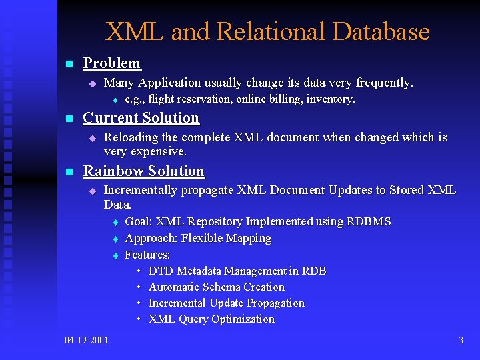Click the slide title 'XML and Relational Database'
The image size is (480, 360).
(x=267, y=31)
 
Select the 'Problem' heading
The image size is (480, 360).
(x=111, y=63)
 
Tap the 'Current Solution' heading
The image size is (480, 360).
(x=141, y=118)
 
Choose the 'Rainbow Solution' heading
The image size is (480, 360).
(x=143, y=171)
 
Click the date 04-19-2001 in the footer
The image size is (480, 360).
(x=87, y=341)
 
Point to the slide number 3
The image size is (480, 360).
(x=461, y=341)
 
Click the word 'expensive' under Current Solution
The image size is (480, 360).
(x=159, y=151)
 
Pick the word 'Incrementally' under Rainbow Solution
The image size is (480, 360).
(x=141, y=191)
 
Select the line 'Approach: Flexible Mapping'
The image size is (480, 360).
(x=198, y=238)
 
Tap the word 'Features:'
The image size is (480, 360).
(x=147, y=255)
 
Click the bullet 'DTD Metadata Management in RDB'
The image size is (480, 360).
(x=237, y=271)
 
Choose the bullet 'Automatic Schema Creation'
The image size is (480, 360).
(x=216, y=287)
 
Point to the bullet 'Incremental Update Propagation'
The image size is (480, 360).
(x=226, y=303)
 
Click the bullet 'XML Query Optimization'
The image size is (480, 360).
(x=211, y=319)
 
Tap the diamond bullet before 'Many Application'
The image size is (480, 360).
(x=93, y=83)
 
